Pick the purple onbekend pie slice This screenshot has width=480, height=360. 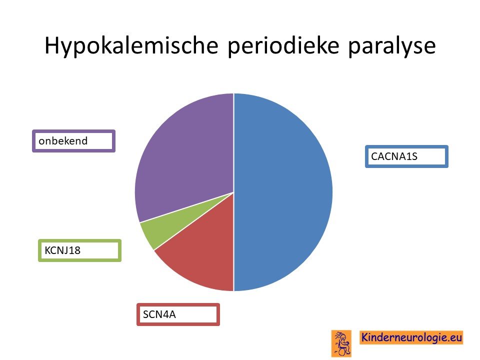pos(183,153)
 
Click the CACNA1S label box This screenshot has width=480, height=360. pos(406,156)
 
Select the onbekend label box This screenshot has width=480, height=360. pos(74,141)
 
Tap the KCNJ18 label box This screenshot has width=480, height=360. pos(79,250)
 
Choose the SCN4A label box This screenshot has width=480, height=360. pos(178,314)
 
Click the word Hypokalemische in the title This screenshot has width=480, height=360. pos(131,46)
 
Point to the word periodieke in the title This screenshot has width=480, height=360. pos(283,46)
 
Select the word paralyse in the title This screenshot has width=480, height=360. pos(392,46)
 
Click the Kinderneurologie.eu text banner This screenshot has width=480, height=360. pos(411,337)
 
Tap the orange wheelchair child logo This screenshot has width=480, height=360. pos(341,343)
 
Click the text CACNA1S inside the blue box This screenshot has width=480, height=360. pos(394,156)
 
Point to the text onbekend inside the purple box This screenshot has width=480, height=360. pos(63,141)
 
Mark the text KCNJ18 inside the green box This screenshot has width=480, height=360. pos(62,250)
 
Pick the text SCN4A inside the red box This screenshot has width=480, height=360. pos(159,314)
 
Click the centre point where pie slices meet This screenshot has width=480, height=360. pos(233,192)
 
